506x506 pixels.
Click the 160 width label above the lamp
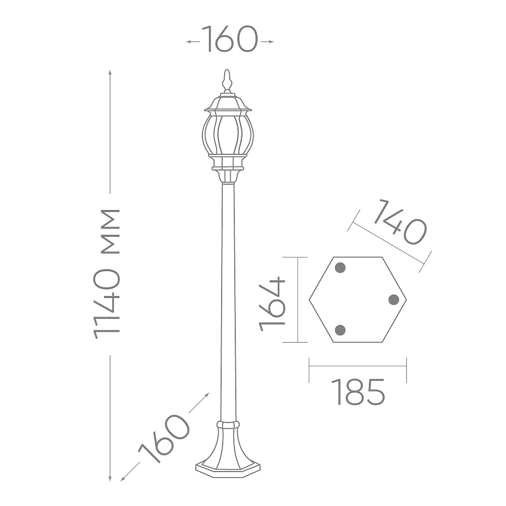(x=230, y=39)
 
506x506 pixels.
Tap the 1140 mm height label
(x=106, y=274)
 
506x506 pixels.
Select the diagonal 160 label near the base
(x=164, y=439)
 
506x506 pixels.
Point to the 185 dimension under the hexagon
(x=358, y=392)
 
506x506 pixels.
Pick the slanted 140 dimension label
(x=400, y=222)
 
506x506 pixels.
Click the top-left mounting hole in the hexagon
(x=341, y=268)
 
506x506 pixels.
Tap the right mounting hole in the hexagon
(x=394, y=300)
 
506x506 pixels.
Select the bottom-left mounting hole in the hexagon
(x=341, y=330)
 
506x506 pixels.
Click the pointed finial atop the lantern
(x=227, y=80)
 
